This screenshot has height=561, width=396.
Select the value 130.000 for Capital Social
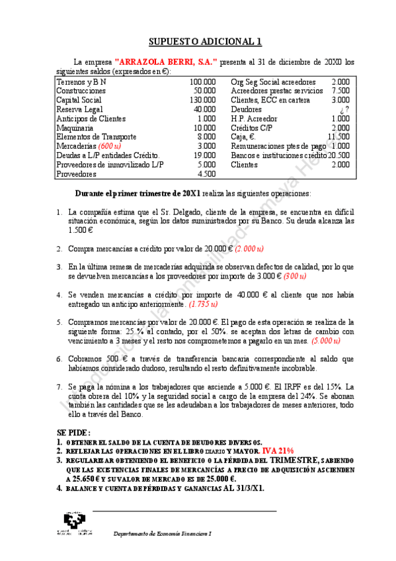click(x=202, y=100)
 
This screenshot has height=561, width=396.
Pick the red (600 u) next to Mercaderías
click(x=109, y=146)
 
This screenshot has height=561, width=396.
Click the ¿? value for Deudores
click(x=344, y=109)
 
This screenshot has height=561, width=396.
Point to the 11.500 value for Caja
click(x=338, y=137)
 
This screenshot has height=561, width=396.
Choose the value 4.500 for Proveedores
click(x=206, y=174)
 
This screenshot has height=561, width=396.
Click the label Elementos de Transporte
click(x=97, y=137)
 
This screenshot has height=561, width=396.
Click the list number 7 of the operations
click(x=59, y=386)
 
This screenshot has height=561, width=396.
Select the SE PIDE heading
click(x=75, y=431)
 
